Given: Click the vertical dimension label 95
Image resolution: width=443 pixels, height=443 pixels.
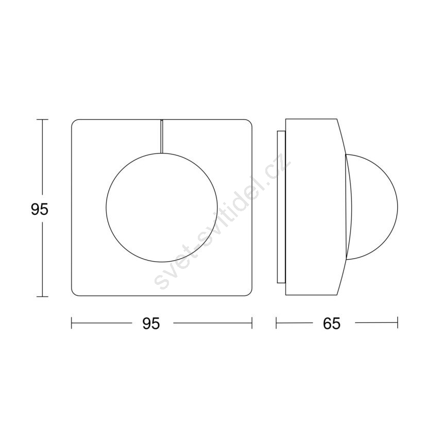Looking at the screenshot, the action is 40,209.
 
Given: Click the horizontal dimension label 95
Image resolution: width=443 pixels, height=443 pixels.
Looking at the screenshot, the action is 151,323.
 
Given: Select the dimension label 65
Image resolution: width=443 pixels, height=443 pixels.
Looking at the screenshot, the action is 332,323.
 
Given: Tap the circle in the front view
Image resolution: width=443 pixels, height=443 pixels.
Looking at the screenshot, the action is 106,208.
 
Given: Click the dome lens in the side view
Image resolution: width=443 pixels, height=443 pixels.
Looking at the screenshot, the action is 398,208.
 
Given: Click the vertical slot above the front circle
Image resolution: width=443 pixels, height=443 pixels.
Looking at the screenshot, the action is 162,136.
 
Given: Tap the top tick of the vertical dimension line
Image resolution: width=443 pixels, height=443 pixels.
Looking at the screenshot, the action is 42,120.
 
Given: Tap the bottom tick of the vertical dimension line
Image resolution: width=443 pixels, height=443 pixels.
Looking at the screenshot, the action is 42,296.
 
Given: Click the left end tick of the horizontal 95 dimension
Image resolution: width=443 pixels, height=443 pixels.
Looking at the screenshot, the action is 72,322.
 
